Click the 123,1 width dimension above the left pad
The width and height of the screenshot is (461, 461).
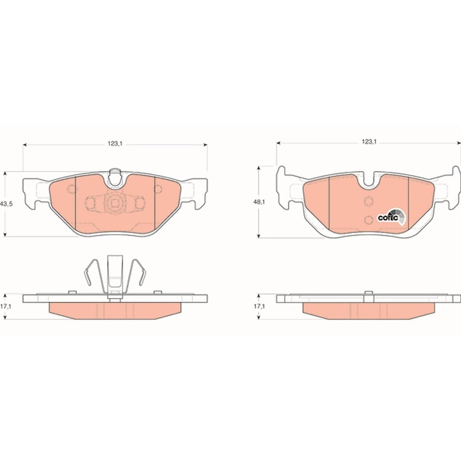[x=115, y=144]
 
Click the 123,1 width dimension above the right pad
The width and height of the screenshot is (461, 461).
[x=369, y=142]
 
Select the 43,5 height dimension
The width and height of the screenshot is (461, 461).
[x=6, y=204]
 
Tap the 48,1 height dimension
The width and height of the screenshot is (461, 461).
[x=259, y=202]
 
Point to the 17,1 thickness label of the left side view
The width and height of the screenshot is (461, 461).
[x=6, y=306]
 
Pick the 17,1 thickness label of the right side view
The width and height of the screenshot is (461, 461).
[x=259, y=306]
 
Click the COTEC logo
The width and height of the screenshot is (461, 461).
[x=392, y=217]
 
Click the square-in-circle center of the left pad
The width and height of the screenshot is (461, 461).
[x=115, y=203]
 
